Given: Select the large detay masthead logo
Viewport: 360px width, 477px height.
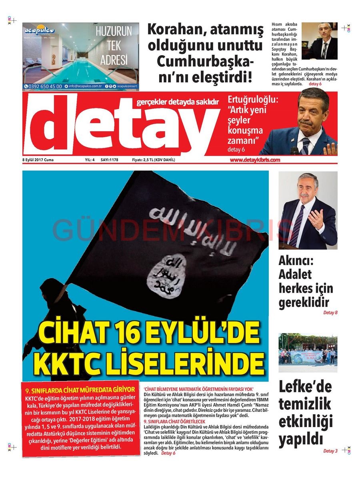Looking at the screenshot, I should [x=120, y=126].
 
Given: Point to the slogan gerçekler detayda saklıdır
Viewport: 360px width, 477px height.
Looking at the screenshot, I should [x=178, y=102].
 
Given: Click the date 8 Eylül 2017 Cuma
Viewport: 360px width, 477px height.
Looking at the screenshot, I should [x=38, y=160].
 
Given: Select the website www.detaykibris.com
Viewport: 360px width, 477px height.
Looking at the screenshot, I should [x=255, y=160].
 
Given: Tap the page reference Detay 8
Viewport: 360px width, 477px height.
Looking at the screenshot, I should [x=330, y=313].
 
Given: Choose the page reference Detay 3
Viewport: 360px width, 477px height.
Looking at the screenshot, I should [x=330, y=451].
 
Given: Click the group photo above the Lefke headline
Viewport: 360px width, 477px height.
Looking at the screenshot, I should [x=308, y=352].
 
